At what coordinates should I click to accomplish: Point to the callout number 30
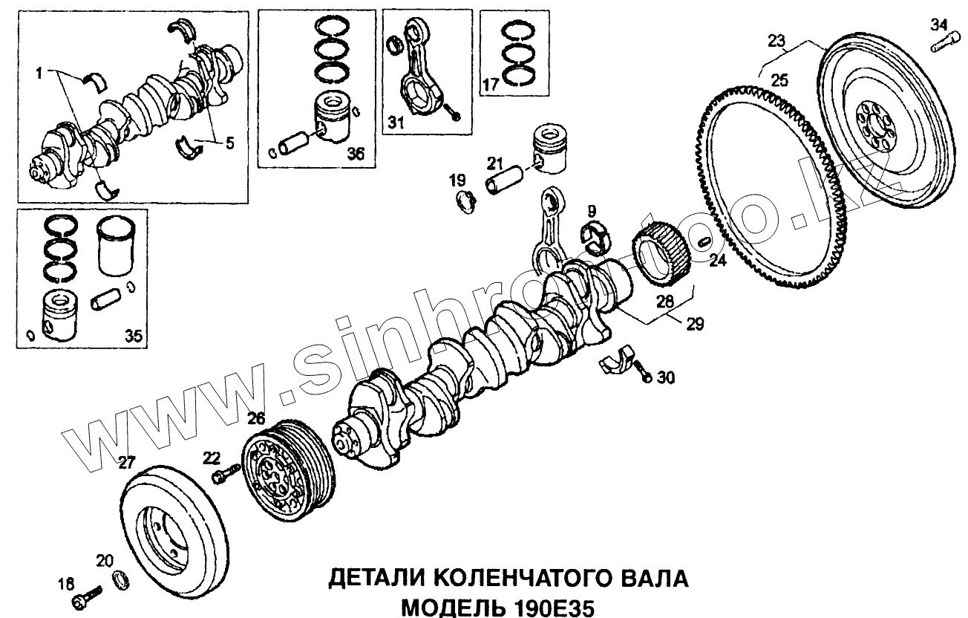point(666,378)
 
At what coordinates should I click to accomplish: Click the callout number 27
point(128,463)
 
